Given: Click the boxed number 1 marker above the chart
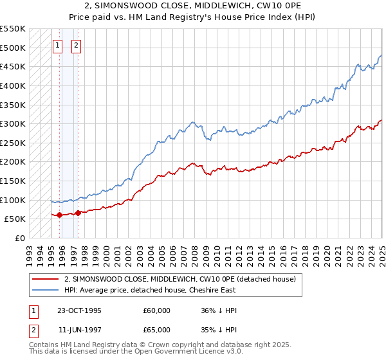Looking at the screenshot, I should click(58, 45).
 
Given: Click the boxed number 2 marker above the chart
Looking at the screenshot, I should click(76, 45).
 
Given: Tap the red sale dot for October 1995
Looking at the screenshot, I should click(59, 215).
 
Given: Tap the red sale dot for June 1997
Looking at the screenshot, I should click(78, 213).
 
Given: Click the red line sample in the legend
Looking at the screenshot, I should click(45, 279).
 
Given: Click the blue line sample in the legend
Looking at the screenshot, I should click(45, 290).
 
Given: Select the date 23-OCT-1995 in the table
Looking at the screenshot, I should click(79, 310).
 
